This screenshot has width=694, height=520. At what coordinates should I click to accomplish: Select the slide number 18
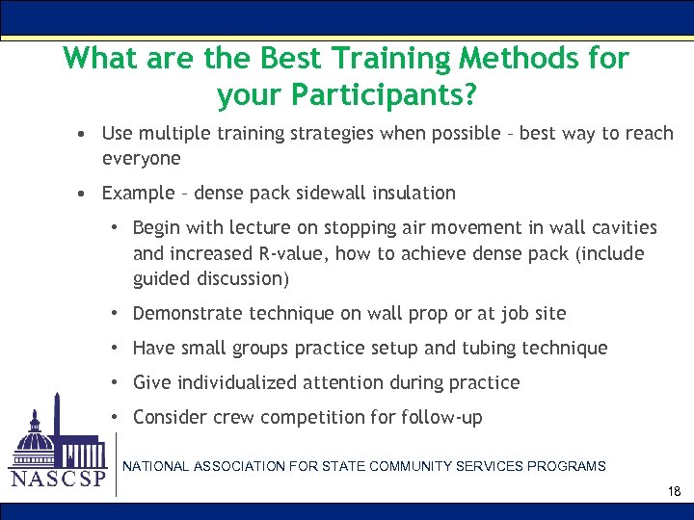674,492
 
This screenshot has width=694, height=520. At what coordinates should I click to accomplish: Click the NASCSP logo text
57,479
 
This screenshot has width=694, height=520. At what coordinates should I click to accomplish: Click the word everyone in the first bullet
141,157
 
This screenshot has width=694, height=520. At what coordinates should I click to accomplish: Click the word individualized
237,382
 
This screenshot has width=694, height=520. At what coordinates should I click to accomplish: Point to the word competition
315,417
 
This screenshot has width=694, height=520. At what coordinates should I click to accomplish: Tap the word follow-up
444,417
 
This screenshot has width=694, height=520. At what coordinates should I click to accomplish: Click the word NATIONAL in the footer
154,466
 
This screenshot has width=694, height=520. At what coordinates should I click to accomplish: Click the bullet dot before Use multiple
86,133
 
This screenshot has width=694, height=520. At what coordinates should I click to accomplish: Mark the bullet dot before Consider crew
115,417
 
